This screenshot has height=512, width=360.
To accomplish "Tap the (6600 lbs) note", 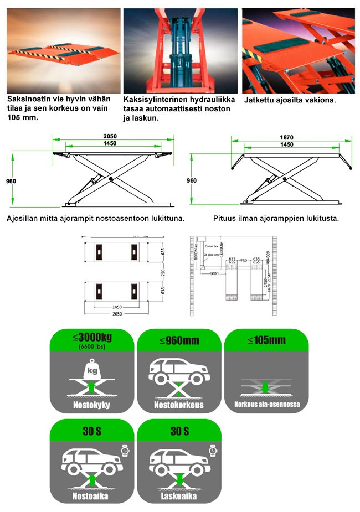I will (x=90, y=346).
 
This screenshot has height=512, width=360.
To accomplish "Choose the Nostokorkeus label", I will (x=178, y=405).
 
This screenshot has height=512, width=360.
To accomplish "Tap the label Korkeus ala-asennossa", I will (x=266, y=404).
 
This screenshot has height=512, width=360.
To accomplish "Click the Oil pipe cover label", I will (x=214, y=255).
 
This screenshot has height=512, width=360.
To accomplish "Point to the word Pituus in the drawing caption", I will (x=225, y=218).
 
